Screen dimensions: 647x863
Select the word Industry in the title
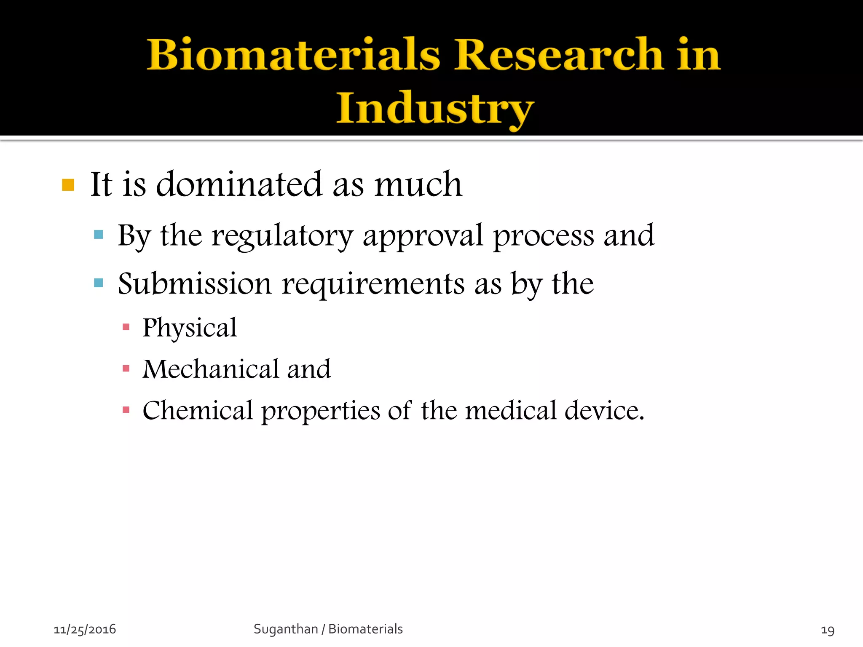435,109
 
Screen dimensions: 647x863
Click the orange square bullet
68,185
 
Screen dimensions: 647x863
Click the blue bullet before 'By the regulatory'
99,235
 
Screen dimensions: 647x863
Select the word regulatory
282,236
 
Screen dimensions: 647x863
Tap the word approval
423,236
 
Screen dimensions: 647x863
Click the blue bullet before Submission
99,283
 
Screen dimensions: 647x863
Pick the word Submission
195,283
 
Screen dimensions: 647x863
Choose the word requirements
373,284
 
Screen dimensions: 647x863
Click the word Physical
190,328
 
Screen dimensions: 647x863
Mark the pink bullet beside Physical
126,327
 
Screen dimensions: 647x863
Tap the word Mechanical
210,369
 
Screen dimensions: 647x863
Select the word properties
320,411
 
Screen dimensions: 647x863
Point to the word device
604,410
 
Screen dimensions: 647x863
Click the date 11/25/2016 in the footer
85,629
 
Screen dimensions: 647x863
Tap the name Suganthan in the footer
286,629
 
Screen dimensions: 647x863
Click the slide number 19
828,630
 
